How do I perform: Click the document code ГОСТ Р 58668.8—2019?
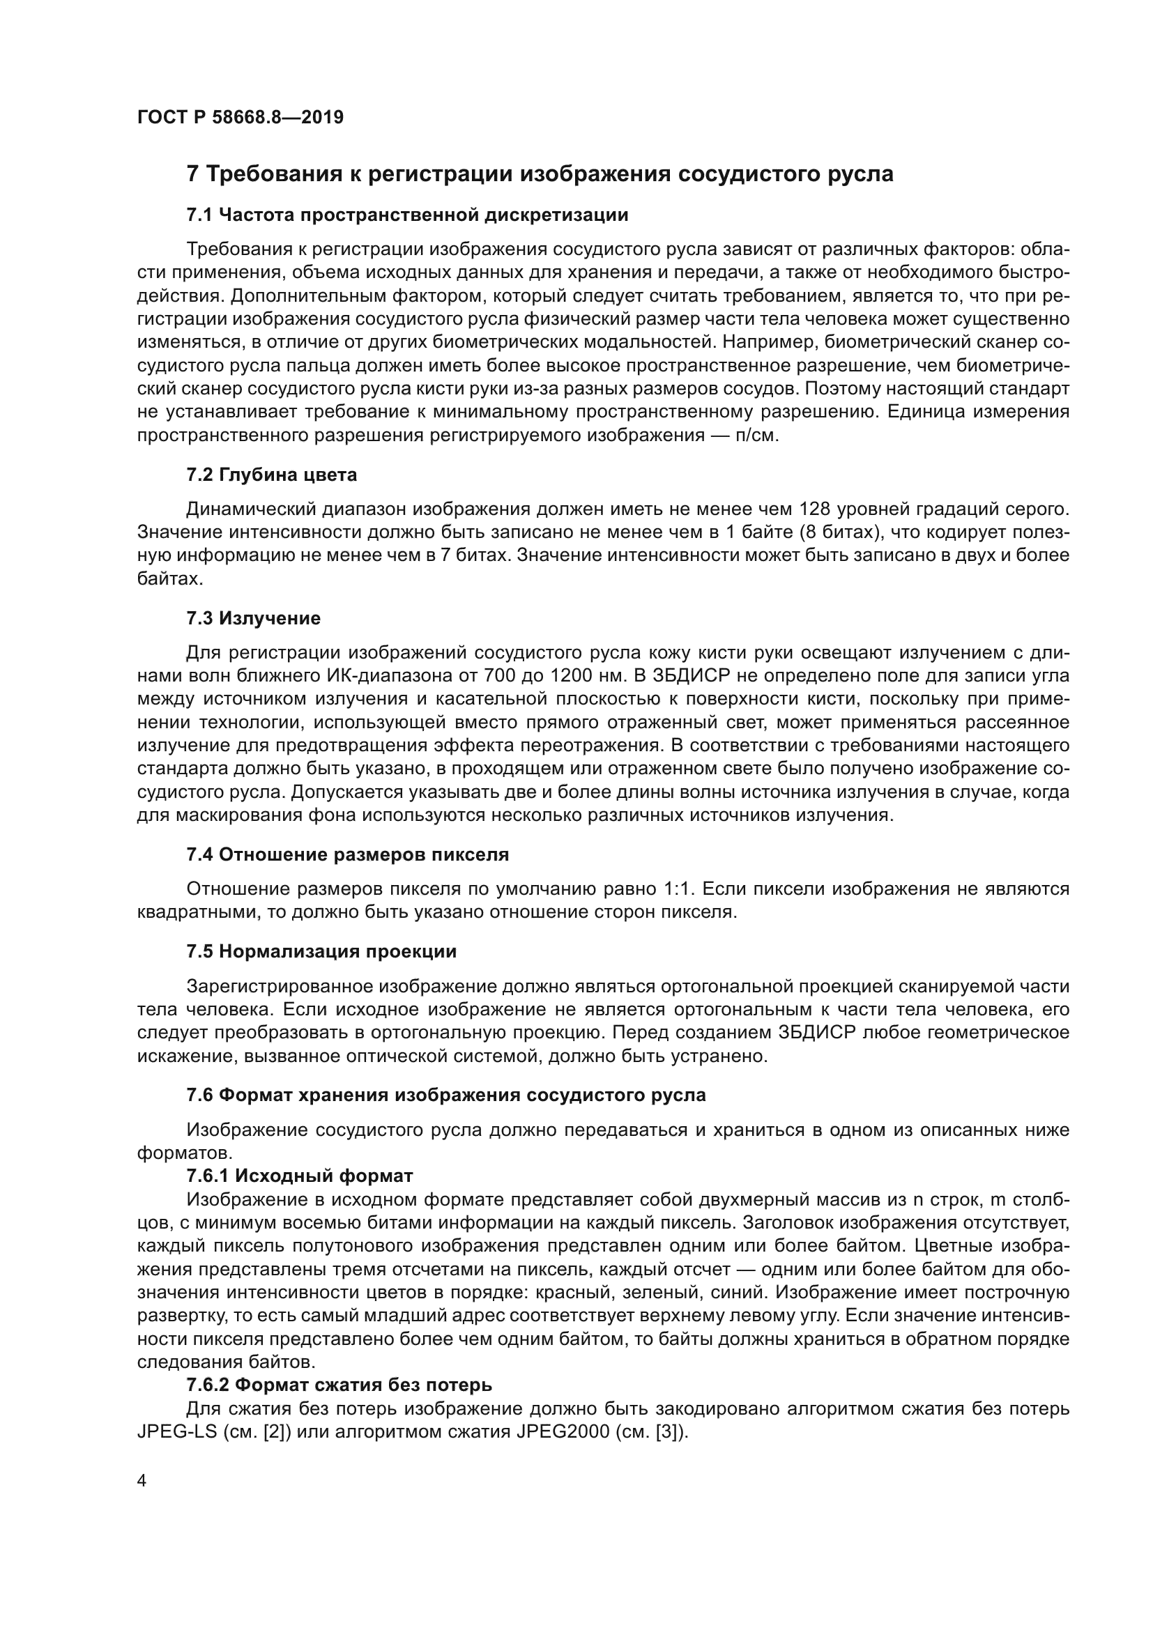pyautogui.click(x=240, y=118)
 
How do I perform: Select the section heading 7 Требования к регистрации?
pyautogui.click(x=540, y=174)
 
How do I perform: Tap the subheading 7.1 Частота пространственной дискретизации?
pyautogui.click(x=407, y=215)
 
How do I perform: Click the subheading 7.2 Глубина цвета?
pyautogui.click(x=271, y=475)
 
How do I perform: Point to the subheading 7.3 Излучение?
pyautogui.click(x=254, y=618)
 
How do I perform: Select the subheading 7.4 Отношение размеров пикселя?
pyautogui.click(x=347, y=855)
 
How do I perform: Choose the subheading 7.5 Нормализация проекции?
pyautogui.click(x=321, y=952)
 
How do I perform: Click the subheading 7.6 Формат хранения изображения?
pyautogui.click(x=446, y=1095)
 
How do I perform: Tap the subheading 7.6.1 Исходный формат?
pyautogui.click(x=299, y=1176)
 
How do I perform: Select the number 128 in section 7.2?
pyautogui.click(x=816, y=509)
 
